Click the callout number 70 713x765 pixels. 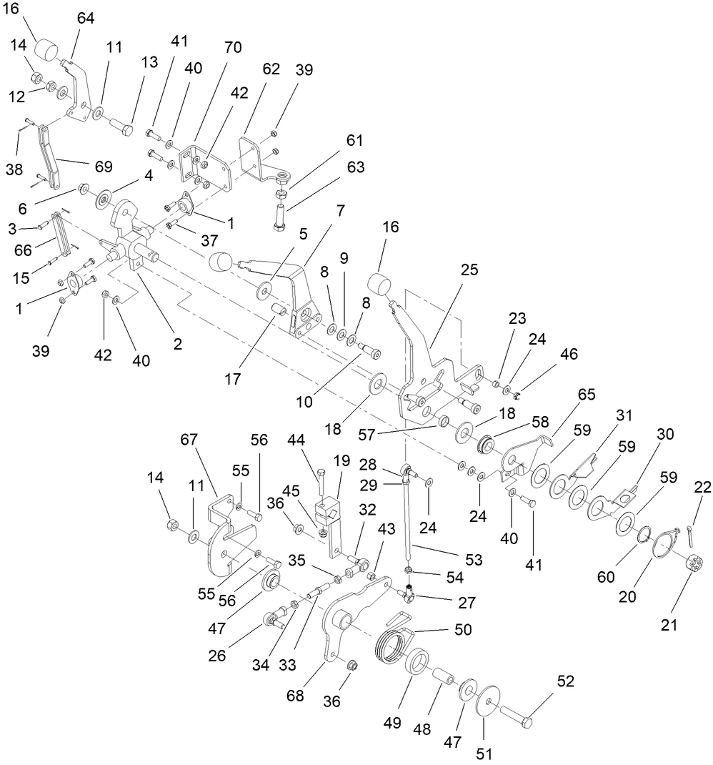[233, 48]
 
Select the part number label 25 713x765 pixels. [469, 270]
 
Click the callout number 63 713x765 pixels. [356, 168]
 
